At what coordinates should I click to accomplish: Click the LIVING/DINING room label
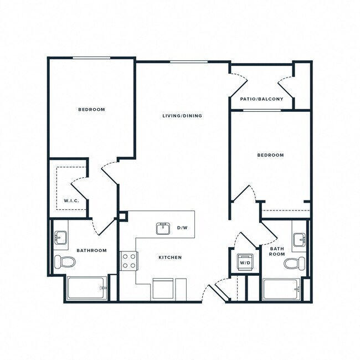182,116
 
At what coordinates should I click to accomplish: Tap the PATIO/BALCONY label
261,99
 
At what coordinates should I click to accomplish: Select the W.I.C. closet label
71,200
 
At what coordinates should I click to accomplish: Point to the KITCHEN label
170,258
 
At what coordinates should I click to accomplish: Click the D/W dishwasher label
182,228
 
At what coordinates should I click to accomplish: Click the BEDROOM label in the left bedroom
91,110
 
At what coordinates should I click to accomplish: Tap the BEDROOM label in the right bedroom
270,155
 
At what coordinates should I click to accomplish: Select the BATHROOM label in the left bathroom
91,250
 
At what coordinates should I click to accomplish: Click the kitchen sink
162,228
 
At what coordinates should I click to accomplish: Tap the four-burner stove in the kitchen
129,261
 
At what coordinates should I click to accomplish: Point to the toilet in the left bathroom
65,261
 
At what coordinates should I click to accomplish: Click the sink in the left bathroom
60,238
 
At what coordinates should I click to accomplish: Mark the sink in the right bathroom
299,240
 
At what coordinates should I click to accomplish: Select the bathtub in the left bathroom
86,288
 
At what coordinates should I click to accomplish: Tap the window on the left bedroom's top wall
92,58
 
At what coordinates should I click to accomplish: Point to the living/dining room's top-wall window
184,61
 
